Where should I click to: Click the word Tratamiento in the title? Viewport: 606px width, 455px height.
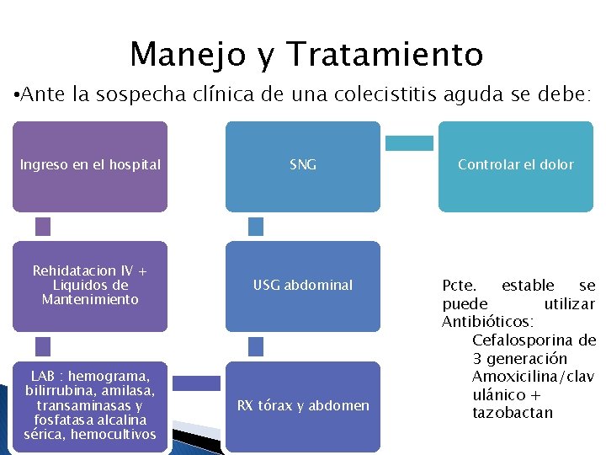tap(385, 55)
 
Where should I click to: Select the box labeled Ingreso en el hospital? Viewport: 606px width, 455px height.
tap(90, 166)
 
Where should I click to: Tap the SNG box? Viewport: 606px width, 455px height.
tap(303, 166)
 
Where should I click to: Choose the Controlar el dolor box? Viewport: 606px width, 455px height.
tap(515, 166)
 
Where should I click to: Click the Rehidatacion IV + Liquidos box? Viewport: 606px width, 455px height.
tap(90, 286)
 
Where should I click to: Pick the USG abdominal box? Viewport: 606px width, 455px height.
tap(303, 286)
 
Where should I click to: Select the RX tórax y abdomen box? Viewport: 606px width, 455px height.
tap(303, 406)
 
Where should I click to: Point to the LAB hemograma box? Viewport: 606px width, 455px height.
tap(90, 406)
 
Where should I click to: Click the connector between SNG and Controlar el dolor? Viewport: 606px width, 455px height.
tap(409, 143)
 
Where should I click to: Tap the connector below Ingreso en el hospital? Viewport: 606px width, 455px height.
tap(43, 226)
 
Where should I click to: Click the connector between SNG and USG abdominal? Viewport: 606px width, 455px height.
tap(256, 226)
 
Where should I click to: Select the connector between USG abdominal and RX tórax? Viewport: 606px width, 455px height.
tap(256, 345)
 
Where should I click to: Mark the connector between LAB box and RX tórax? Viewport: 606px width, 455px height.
tap(196, 383)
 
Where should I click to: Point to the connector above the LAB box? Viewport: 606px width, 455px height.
tap(43, 345)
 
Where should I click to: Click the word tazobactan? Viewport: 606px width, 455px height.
tap(513, 413)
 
